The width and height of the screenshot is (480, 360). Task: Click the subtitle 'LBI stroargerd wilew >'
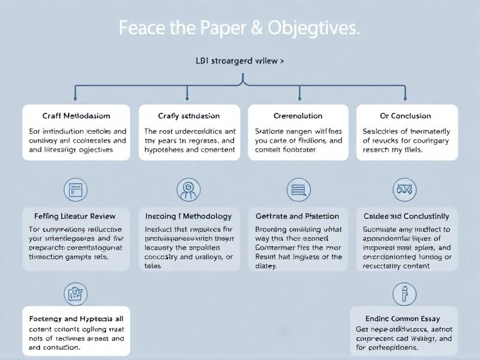[x=240, y=61]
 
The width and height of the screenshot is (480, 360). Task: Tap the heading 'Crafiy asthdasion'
[x=189, y=116]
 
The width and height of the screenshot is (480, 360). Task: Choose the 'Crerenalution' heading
[x=298, y=116]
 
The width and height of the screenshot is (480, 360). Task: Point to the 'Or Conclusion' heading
[x=406, y=116]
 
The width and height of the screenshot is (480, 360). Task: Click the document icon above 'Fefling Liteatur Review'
[x=76, y=190]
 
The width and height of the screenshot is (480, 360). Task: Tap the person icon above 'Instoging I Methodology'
[x=188, y=190]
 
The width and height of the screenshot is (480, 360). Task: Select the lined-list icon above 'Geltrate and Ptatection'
[x=298, y=190]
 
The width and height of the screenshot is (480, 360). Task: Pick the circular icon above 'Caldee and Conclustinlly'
[x=404, y=190]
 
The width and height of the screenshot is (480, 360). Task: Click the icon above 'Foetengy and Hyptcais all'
[x=76, y=294]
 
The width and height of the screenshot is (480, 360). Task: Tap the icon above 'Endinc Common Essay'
[x=404, y=294]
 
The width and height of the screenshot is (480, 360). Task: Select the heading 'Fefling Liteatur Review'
[x=76, y=216]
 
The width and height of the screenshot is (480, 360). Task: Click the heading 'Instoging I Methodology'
[x=188, y=216]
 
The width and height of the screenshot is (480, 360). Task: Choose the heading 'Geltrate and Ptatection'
[x=298, y=216]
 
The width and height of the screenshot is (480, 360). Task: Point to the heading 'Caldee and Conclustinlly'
[x=406, y=216]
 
